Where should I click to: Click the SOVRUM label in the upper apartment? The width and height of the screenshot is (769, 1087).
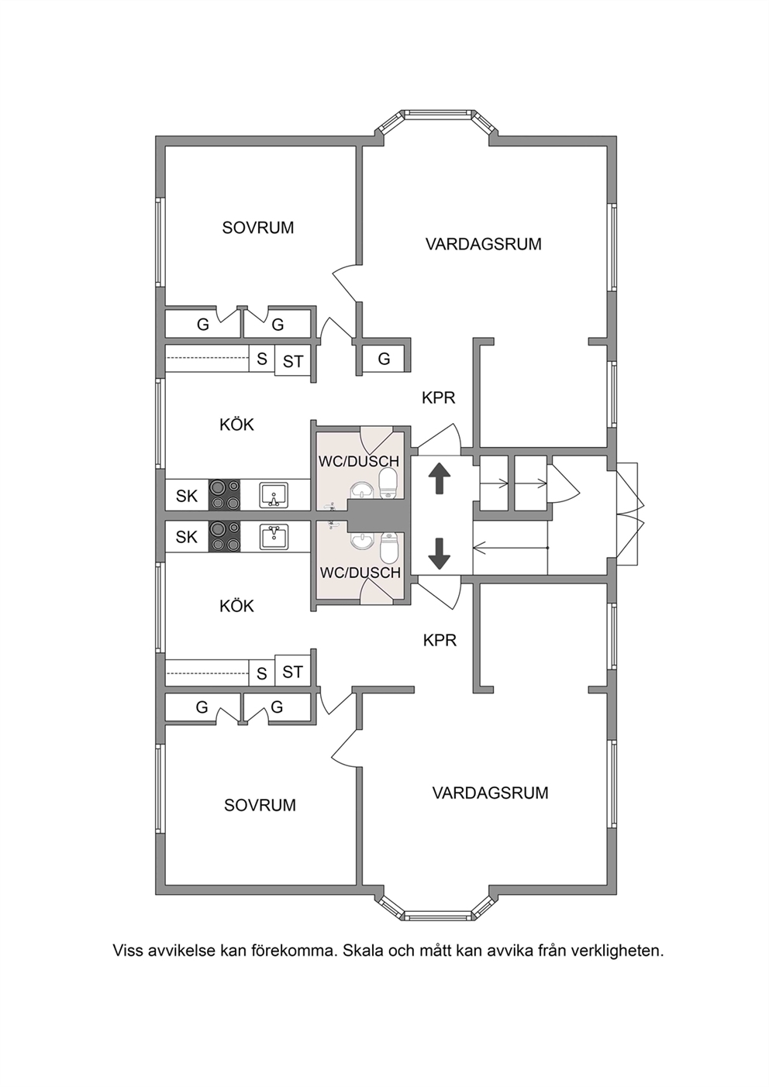click(258, 228)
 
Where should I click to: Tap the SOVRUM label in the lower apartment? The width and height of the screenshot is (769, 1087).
click(260, 805)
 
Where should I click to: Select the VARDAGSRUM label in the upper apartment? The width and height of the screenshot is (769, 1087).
click(484, 243)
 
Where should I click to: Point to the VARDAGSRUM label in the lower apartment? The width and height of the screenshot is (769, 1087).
click(491, 793)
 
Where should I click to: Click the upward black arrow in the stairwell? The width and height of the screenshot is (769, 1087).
click(440, 479)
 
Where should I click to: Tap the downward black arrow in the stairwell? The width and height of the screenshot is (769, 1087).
click(440, 553)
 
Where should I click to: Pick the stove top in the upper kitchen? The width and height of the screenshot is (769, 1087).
click(224, 495)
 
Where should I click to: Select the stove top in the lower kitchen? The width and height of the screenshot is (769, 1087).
click(224, 536)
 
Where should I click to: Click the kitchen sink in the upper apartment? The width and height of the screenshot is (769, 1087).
click(274, 495)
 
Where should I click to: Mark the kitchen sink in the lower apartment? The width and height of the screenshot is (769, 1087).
click(274, 536)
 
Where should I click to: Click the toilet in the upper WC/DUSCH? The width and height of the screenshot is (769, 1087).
click(388, 483)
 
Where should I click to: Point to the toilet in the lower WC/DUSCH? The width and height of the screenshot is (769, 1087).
click(388, 548)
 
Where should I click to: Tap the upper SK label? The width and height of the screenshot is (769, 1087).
click(187, 496)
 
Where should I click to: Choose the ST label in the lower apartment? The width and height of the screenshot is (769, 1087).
click(292, 672)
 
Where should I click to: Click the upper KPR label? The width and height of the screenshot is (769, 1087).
click(439, 398)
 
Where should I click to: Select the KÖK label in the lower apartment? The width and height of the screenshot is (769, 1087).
click(237, 606)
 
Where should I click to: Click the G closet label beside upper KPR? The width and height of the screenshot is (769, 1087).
click(384, 359)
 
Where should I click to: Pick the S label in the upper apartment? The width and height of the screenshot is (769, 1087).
click(262, 359)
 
